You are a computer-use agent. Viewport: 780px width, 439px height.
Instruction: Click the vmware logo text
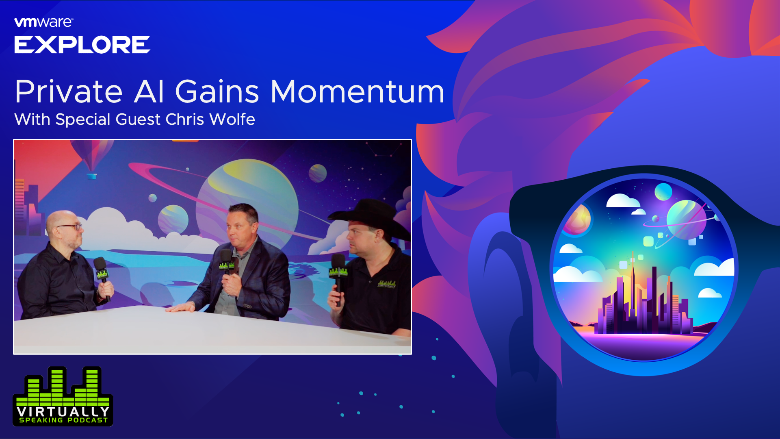[44, 22]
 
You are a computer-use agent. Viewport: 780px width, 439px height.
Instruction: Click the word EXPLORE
[82, 45]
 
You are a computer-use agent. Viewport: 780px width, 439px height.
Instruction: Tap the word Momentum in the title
[357, 92]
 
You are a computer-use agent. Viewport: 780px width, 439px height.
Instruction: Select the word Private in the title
[69, 92]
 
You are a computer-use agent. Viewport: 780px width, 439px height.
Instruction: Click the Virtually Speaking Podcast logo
[63, 396]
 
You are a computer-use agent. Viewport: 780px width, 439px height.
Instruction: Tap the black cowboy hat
[370, 217]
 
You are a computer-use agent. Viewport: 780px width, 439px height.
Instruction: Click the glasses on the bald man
[70, 226]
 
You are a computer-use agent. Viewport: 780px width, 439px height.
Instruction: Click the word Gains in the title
[217, 92]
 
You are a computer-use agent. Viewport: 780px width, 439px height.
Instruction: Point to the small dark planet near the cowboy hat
[318, 173]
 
